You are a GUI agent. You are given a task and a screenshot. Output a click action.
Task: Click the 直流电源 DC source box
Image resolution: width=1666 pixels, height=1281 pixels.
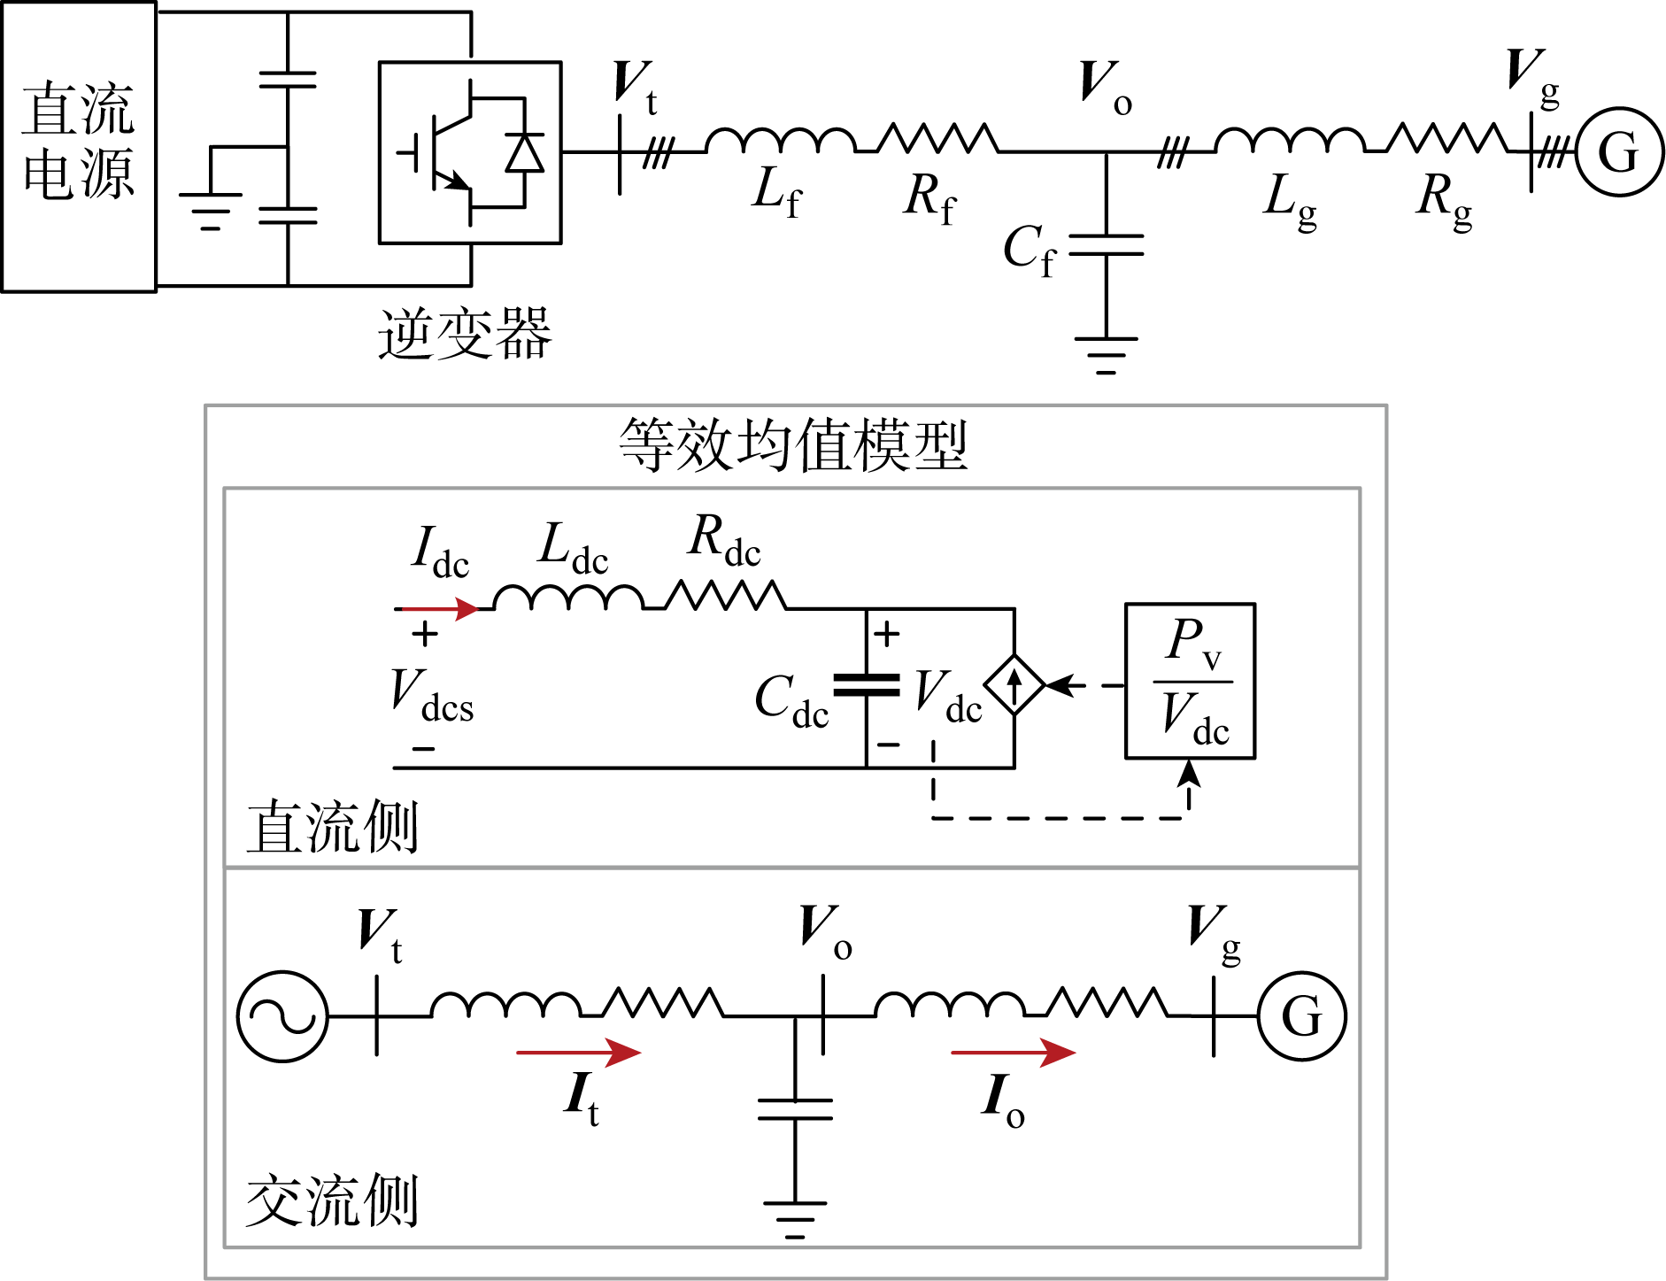(x=79, y=146)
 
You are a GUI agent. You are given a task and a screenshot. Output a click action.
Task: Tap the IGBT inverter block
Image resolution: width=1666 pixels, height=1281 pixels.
(x=469, y=152)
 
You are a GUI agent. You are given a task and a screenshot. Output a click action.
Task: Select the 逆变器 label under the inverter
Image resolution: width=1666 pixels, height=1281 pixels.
(x=464, y=335)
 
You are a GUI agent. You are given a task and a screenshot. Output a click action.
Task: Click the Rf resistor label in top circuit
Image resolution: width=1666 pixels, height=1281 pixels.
(x=929, y=197)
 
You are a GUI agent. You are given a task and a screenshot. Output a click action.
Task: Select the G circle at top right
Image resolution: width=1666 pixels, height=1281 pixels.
(x=1619, y=152)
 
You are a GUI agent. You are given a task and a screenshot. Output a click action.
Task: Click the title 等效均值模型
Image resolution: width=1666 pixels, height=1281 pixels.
(x=793, y=445)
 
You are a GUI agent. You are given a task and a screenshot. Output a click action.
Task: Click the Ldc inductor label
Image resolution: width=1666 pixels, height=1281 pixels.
(x=573, y=547)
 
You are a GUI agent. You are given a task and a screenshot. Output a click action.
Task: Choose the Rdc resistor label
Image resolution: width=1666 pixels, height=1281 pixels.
(x=723, y=540)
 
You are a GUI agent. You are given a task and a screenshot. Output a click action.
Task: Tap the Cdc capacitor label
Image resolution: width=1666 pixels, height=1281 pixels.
(x=791, y=700)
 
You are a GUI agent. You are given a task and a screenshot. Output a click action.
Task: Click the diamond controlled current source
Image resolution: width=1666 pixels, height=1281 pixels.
(x=1014, y=684)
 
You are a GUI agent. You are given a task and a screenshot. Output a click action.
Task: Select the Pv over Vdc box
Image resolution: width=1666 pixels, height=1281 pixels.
(x=1190, y=681)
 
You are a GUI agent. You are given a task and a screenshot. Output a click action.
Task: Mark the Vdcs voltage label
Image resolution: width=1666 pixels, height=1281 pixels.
(x=431, y=695)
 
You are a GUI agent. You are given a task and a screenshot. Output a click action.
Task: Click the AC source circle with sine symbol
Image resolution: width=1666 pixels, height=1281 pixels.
(x=282, y=1016)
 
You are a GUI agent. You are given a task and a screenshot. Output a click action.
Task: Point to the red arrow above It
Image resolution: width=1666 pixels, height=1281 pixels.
(x=578, y=1053)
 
